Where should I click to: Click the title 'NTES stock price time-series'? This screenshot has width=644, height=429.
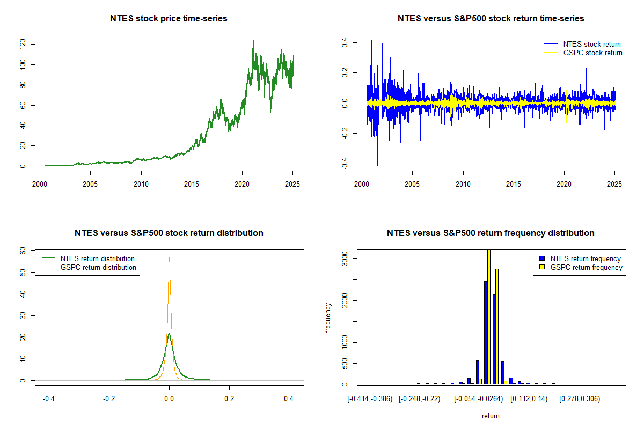(169, 19)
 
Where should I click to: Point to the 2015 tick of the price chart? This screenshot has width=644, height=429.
(192, 178)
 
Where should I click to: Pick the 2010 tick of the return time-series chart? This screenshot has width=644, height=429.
(463, 178)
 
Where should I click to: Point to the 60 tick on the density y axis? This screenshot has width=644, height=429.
(23, 250)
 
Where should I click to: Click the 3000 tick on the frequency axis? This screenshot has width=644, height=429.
(345, 258)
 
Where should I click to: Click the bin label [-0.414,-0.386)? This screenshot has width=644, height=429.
(370, 399)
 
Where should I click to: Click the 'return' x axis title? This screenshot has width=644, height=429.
(491, 416)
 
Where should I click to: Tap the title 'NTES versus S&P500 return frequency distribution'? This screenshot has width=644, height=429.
(491, 233)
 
